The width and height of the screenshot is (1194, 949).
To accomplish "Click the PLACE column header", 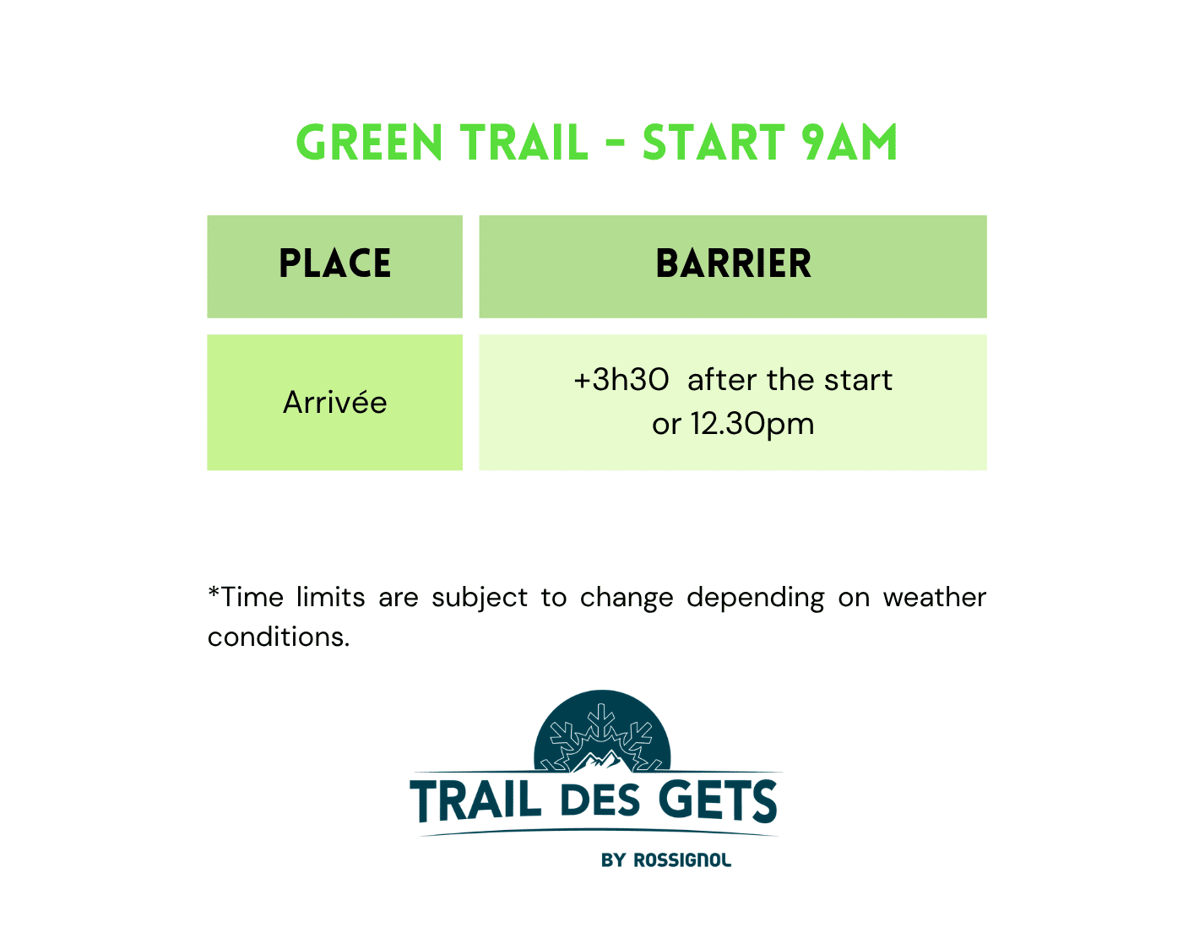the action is [x=334, y=263].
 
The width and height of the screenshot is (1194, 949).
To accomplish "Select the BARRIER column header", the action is [x=733, y=263].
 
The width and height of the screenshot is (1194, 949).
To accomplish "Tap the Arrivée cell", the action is [x=334, y=402].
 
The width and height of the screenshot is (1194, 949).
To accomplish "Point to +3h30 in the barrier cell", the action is [x=621, y=380].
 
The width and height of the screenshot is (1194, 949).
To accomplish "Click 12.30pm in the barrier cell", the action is [x=752, y=425].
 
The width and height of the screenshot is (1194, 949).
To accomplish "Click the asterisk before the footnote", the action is [x=214, y=591].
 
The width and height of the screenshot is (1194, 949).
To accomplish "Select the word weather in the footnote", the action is [x=934, y=598].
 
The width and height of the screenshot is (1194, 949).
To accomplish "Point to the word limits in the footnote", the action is [x=331, y=598].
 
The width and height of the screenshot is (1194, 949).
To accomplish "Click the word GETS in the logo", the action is [x=718, y=800].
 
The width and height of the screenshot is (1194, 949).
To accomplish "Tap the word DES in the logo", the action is [x=600, y=801].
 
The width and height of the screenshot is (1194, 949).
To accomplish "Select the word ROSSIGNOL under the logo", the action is [x=682, y=860].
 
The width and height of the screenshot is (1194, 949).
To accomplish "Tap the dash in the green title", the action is [x=616, y=143].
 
